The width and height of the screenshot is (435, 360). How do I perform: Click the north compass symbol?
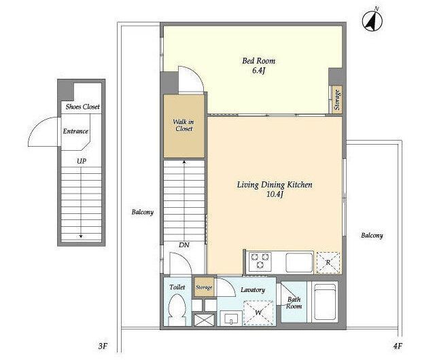pos(372,20)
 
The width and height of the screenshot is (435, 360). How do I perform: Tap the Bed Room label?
pos(258,60)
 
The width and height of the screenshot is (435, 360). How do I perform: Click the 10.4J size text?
pos(275,194)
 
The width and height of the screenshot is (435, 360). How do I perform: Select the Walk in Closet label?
pos(184,125)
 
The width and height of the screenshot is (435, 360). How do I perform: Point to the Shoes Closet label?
pos(83,107)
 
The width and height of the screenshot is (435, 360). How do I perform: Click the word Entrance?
pos(75,131)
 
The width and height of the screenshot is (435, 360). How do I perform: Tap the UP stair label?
pos(82,161)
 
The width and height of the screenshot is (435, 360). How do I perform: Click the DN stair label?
pos(184,245)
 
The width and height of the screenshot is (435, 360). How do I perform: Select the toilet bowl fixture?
pos(177,310)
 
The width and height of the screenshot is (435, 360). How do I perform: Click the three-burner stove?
pos(260,262)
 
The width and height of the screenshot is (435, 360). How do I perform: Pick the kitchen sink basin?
pos(299,262)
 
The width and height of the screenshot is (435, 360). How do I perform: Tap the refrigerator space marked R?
pos(328,263)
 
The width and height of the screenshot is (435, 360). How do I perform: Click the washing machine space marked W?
pos(258,313)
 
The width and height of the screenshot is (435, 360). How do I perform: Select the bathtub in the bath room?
pos(324,302)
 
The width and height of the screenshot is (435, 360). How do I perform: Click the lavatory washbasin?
pos(231,318)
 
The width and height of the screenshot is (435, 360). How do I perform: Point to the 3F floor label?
pos(103,346)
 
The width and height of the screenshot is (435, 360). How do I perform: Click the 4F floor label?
pos(397,346)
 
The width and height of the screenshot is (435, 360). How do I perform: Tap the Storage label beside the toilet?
pos(204,287)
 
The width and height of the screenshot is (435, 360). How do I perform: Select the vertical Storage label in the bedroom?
pos(337,100)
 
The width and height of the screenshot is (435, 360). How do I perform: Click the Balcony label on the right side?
pos(372,236)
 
